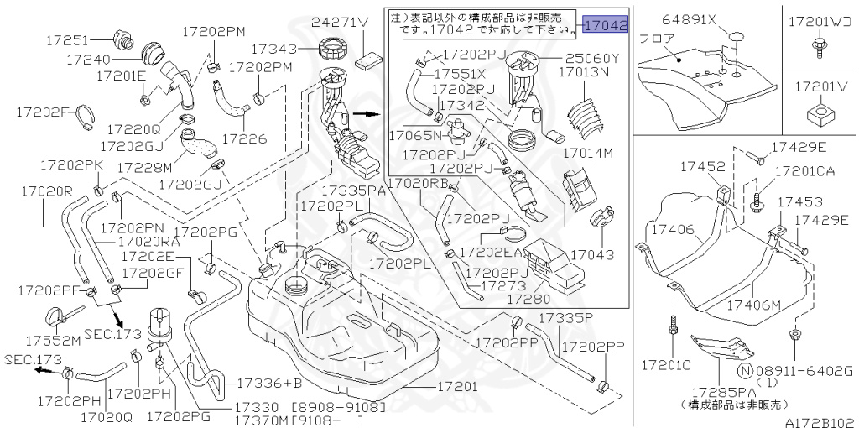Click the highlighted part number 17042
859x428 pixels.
(x=606, y=25)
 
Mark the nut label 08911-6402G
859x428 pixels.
(x=804, y=370)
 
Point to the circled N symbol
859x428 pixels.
(x=743, y=370)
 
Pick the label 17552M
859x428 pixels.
(x=52, y=341)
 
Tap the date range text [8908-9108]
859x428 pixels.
(x=339, y=407)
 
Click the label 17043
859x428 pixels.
(x=591, y=253)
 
